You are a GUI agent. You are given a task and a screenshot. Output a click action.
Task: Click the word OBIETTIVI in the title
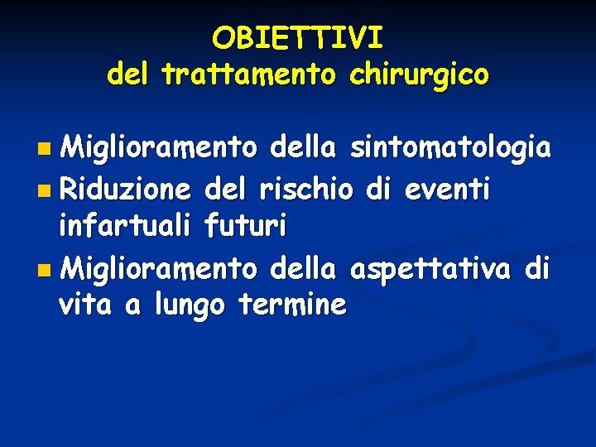coord(297,38)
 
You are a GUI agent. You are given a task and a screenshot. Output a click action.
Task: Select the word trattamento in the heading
coord(248,75)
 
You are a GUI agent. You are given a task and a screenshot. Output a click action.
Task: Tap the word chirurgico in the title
coord(420,75)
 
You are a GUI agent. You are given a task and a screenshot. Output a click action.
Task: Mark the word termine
coord(291,305)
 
